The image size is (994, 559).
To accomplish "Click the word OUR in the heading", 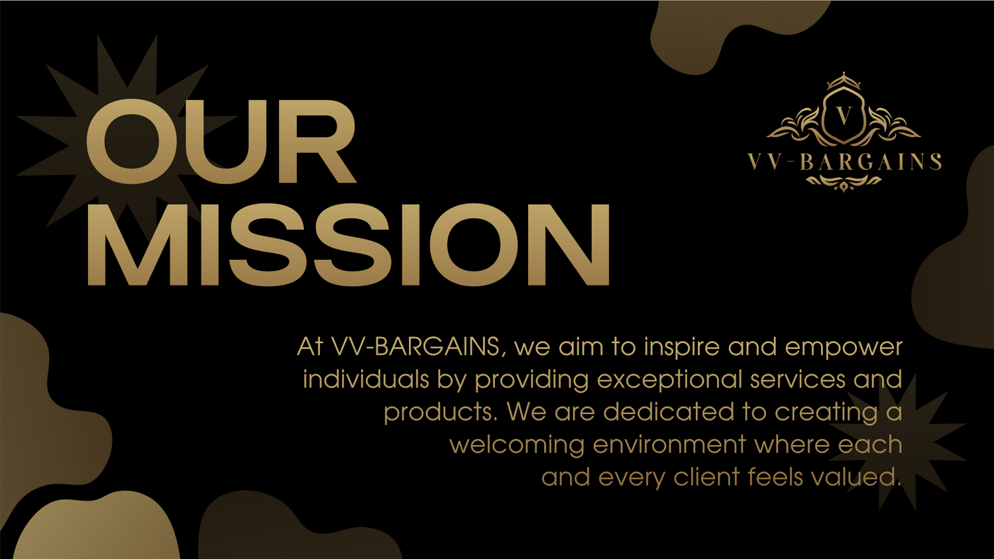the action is click(x=221, y=141).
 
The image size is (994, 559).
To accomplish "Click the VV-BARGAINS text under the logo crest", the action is click(x=844, y=162).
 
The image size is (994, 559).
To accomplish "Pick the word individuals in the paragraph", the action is click(x=366, y=380).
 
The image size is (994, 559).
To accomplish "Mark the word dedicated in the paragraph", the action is click(x=669, y=412).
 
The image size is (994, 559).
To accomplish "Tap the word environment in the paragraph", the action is click(x=669, y=445).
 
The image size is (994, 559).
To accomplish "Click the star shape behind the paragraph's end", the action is click(x=897, y=442).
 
